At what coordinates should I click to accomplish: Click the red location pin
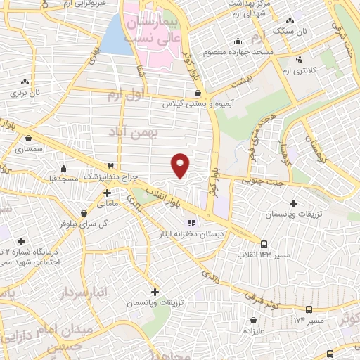[x=181, y=165]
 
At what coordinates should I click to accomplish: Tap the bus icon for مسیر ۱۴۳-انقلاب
[x=263, y=243]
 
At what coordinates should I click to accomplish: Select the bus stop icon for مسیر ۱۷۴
[x=309, y=309]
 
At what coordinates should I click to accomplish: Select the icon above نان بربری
[x=25, y=82]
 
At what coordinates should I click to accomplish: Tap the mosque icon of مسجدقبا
[x=64, y=168]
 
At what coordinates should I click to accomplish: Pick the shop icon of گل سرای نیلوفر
[x=84, y=213]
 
